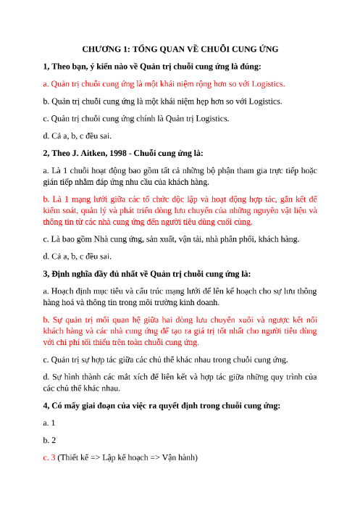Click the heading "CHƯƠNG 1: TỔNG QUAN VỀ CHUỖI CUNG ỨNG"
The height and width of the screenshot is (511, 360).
coord(180,49)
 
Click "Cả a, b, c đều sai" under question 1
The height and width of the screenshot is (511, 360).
coord(77,135)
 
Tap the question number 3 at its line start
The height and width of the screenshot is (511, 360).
coord(46,273)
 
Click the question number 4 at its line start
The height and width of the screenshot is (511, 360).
coord(46,404)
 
